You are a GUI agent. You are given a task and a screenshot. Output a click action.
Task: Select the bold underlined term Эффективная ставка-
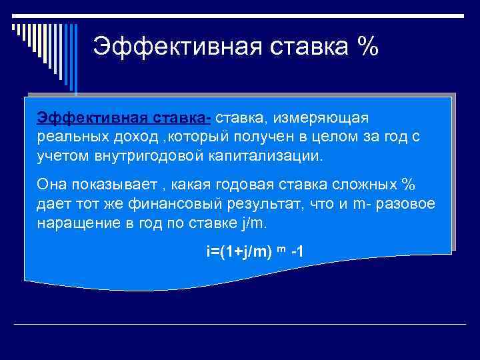coord(124,118)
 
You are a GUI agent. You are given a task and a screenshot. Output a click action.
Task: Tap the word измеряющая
coord(331,118)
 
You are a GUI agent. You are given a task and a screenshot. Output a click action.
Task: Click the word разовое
coord(409,203)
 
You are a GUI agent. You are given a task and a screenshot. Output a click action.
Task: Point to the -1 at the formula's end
coord(299,252)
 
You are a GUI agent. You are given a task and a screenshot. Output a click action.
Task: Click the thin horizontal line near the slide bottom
coord(240,324)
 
